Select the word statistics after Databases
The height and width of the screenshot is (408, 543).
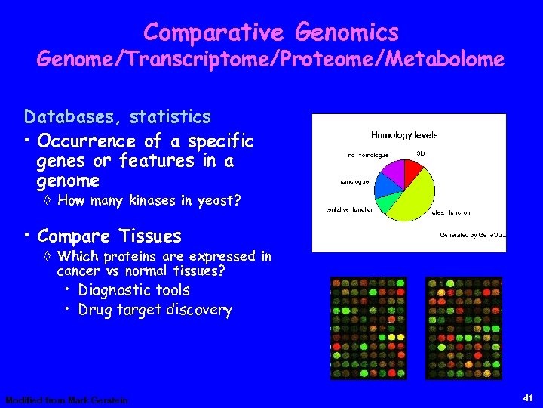pyautogui.click(x=170, y=117)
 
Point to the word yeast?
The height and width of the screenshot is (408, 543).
pyautogui.click(x=219, y=200)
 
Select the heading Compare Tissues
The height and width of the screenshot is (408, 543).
pyautogui.click(x=109, y=236)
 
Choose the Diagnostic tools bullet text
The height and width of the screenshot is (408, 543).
pyautogui.click(x=134, y=290)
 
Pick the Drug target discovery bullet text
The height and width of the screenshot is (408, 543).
pyautogui.click(x=155, y=310)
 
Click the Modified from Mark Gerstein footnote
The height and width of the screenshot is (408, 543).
pyautogui.click(x=66, y=400)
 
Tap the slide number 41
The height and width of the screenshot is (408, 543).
pyautogui.click(x=527, y=397)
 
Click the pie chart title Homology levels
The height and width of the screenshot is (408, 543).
pyautogui.click(x=403, y=135)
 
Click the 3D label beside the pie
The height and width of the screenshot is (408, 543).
pyautogui.click(x=421, y=153)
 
